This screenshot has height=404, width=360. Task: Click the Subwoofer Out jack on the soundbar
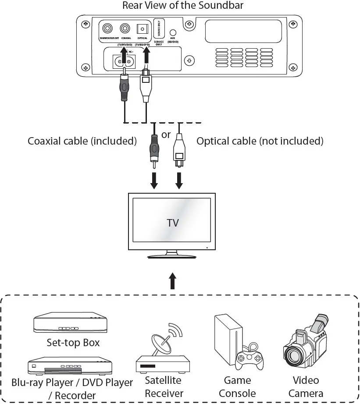tap(107, 29)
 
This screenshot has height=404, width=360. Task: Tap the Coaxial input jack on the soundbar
tap(126, 29)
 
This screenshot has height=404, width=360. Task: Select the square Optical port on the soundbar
tap(143, 29)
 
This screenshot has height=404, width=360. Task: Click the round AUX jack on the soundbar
tap(173, 33)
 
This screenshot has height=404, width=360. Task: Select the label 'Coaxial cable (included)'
tap(82, 141)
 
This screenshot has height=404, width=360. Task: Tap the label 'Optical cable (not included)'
tap(260, 141)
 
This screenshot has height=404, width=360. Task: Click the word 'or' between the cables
tap(166, 135)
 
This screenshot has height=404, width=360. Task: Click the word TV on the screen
tap(173, 223)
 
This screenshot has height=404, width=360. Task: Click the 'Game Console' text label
tap(237, 386)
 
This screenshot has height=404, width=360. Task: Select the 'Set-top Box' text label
tap(73, 342)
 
